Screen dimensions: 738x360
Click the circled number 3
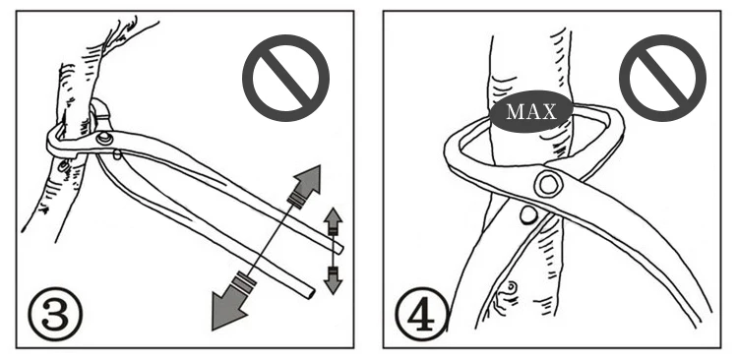pos(55,314)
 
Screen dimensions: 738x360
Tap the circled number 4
pos(422,314)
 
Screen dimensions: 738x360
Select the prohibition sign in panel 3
pos(285,78)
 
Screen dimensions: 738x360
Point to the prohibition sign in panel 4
pos(662,78)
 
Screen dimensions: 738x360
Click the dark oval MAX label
pos(531,111)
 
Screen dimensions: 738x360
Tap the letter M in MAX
pos(514,111)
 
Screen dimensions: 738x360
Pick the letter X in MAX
pos(549,111)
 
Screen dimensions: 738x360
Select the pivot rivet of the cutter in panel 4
pos(548,184)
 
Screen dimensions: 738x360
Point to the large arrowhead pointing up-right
pos(306,180)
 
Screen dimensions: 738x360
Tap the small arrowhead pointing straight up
pos(334,218)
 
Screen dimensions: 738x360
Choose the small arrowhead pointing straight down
pos(334,283)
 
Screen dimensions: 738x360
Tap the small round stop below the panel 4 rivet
pos(528,215)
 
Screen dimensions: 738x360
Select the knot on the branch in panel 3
pos(64,166)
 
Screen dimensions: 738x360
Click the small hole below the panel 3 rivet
pos(117,153)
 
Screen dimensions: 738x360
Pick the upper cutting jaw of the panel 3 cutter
pos(101,113)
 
